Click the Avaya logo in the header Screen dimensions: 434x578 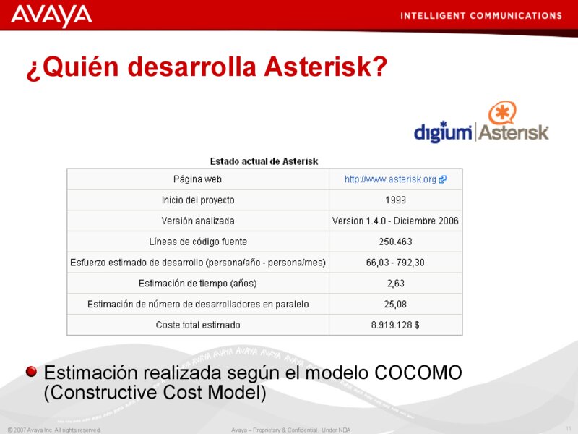[x=51, y=15]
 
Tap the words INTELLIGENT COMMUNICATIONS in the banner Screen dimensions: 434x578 [x=480, y=15]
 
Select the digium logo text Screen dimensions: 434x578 [x=442, y=132]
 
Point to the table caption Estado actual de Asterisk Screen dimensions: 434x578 [x=264, y=161]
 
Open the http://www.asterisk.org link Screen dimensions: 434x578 [x=390, y=179]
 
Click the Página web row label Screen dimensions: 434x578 [x=197, y=179]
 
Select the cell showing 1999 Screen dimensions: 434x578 [x=395, y=200]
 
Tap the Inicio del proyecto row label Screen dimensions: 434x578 [x=197, y=200]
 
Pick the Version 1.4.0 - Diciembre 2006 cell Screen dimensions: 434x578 [x=395, y=221]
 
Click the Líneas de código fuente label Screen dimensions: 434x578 [x=197, y=242]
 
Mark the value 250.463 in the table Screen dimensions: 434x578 [x=395, y=242]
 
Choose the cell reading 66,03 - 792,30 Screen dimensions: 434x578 [x=395, y=263]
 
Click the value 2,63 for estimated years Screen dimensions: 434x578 [x=395, y=283]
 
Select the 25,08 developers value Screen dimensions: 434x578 [x=395, y=304]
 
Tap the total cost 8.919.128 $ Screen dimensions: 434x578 [x=395, y=325]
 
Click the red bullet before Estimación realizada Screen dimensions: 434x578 [x=31, y=373]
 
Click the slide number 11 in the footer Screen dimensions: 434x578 [x=569, y=430]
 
